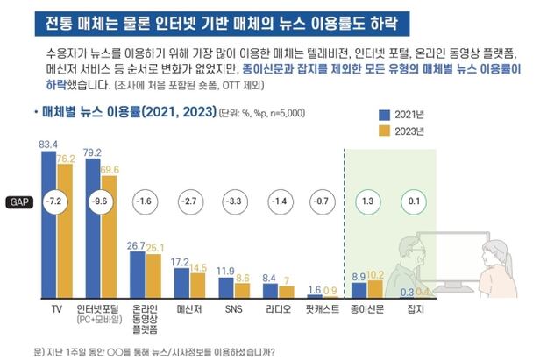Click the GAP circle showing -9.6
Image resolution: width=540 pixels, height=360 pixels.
(103, 201)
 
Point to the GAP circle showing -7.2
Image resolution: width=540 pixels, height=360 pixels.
(56, 201)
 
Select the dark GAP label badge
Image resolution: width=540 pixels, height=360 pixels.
(18, 201)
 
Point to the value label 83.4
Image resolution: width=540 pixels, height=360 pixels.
(49, 143)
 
